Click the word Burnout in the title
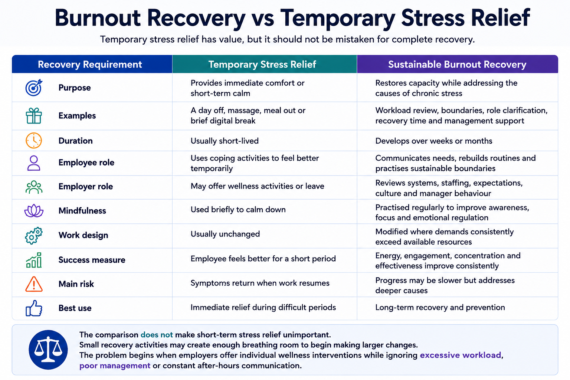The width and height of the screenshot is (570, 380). tap(98, 18)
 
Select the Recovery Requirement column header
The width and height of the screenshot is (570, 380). tap(90, 65)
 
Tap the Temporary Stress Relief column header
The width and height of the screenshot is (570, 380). tap(262, 65)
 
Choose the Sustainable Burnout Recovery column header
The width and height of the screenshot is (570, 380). tap(457, 65)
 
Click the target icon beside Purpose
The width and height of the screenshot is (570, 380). tap(34, 88)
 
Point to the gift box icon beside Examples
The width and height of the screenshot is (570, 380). tap(34, 115)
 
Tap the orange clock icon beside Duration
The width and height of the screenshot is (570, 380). tap(34, 141)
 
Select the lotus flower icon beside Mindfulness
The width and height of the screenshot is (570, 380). tap(34, 210)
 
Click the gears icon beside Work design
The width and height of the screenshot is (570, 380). tap(34, 235)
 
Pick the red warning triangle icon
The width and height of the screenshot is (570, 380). tap(34, 284)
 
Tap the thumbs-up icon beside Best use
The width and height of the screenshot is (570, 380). tap(34, 308)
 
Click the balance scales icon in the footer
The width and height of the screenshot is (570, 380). tap(48, 350)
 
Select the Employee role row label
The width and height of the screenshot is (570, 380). tap(86, 163)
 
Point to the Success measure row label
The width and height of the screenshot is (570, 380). tap(92, 260)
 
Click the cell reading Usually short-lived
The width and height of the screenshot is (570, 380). tap(225, 141)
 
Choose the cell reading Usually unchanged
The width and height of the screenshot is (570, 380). tap(225, 234)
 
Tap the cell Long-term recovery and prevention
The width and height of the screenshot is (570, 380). tap(440, 308)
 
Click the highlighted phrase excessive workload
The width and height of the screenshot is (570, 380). tap(460, 355)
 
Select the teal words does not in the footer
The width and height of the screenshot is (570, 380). tap(157, 335)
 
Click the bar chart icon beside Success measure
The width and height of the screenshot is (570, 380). tap(34, 260)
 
